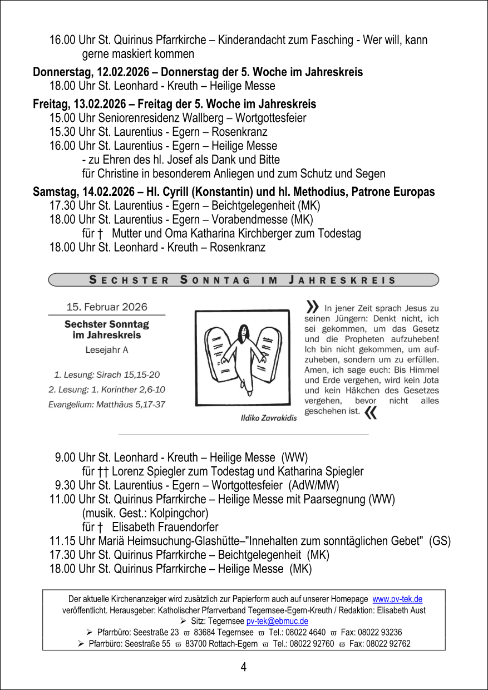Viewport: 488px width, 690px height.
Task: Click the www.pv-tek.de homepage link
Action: (397, 599)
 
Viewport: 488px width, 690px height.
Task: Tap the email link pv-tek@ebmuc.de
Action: (277, 621)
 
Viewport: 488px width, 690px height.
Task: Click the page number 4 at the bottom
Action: (244, 667)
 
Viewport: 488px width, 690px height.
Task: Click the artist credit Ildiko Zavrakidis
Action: (268, 418)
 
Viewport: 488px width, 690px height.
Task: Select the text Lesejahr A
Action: (107, 350)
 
